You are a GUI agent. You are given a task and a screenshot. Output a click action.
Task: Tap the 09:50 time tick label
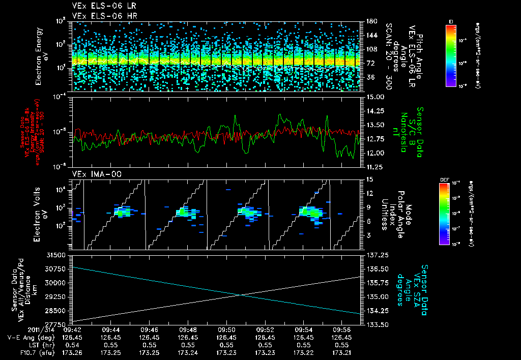tap(226, 329)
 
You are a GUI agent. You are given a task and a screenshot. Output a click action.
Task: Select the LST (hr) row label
tap(42, 344)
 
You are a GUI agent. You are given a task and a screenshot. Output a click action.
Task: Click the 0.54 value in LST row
tap(72, 344)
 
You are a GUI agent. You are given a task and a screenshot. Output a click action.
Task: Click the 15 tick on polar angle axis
tap(369, 179)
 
